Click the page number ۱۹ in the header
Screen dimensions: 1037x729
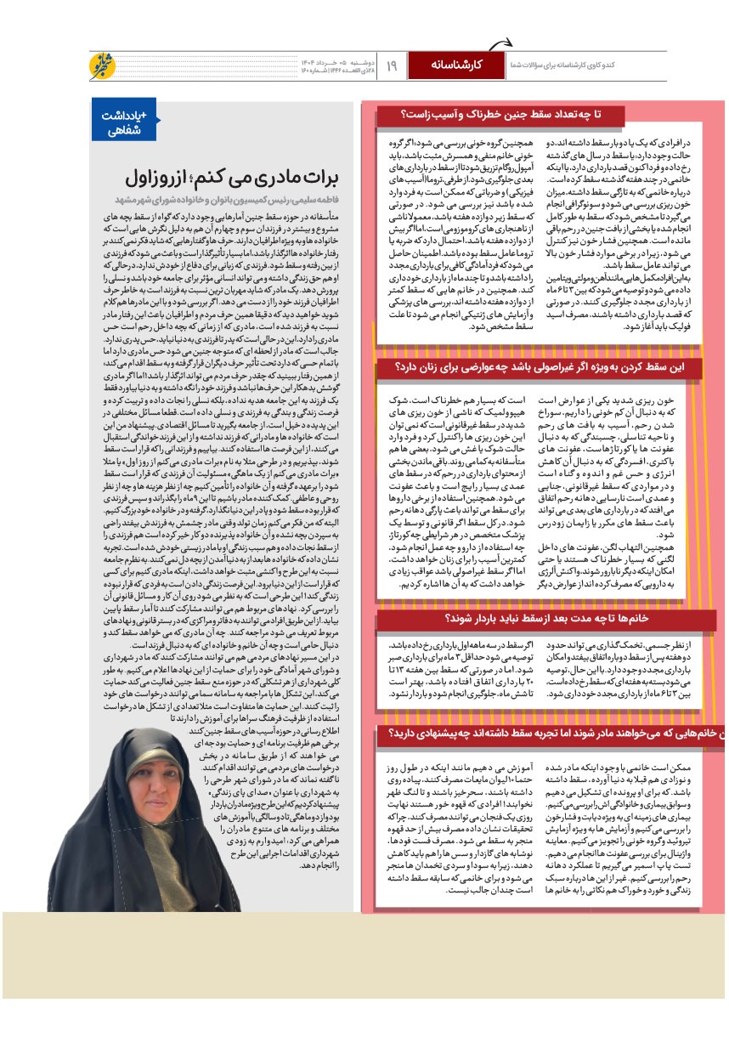click(392, 65)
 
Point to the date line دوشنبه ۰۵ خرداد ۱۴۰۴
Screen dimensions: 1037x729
click(334, 61)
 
